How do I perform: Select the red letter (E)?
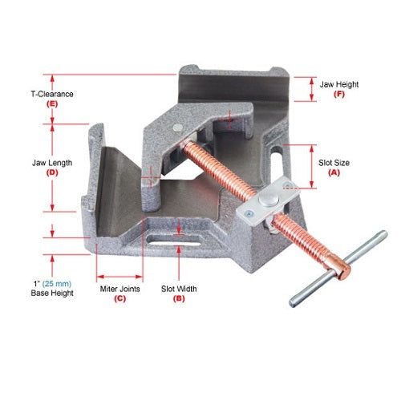click(52, 104)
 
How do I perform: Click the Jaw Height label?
click(340, 83)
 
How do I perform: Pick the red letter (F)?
click(339, 95)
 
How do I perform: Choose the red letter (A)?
click(334, 172)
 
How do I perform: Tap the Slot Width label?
click(180, 288)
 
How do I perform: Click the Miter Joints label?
click(119, 288)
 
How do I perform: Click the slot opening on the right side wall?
click(277, 151)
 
